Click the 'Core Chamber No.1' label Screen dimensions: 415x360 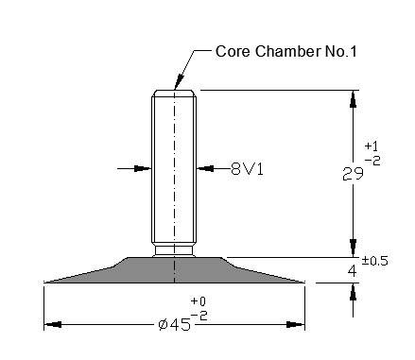[286, 51]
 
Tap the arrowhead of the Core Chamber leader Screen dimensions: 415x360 [179, 81]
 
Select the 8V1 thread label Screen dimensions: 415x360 [247, 169]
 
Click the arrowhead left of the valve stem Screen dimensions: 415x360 [143, 168]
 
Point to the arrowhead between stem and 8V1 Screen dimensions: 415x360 [205, 168]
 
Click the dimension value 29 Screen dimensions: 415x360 [354, 174]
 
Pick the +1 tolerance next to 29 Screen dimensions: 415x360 [372, 146]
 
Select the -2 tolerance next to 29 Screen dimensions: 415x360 [372, 161]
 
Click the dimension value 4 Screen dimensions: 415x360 [353, 271]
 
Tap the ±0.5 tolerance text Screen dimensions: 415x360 [375, 261]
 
